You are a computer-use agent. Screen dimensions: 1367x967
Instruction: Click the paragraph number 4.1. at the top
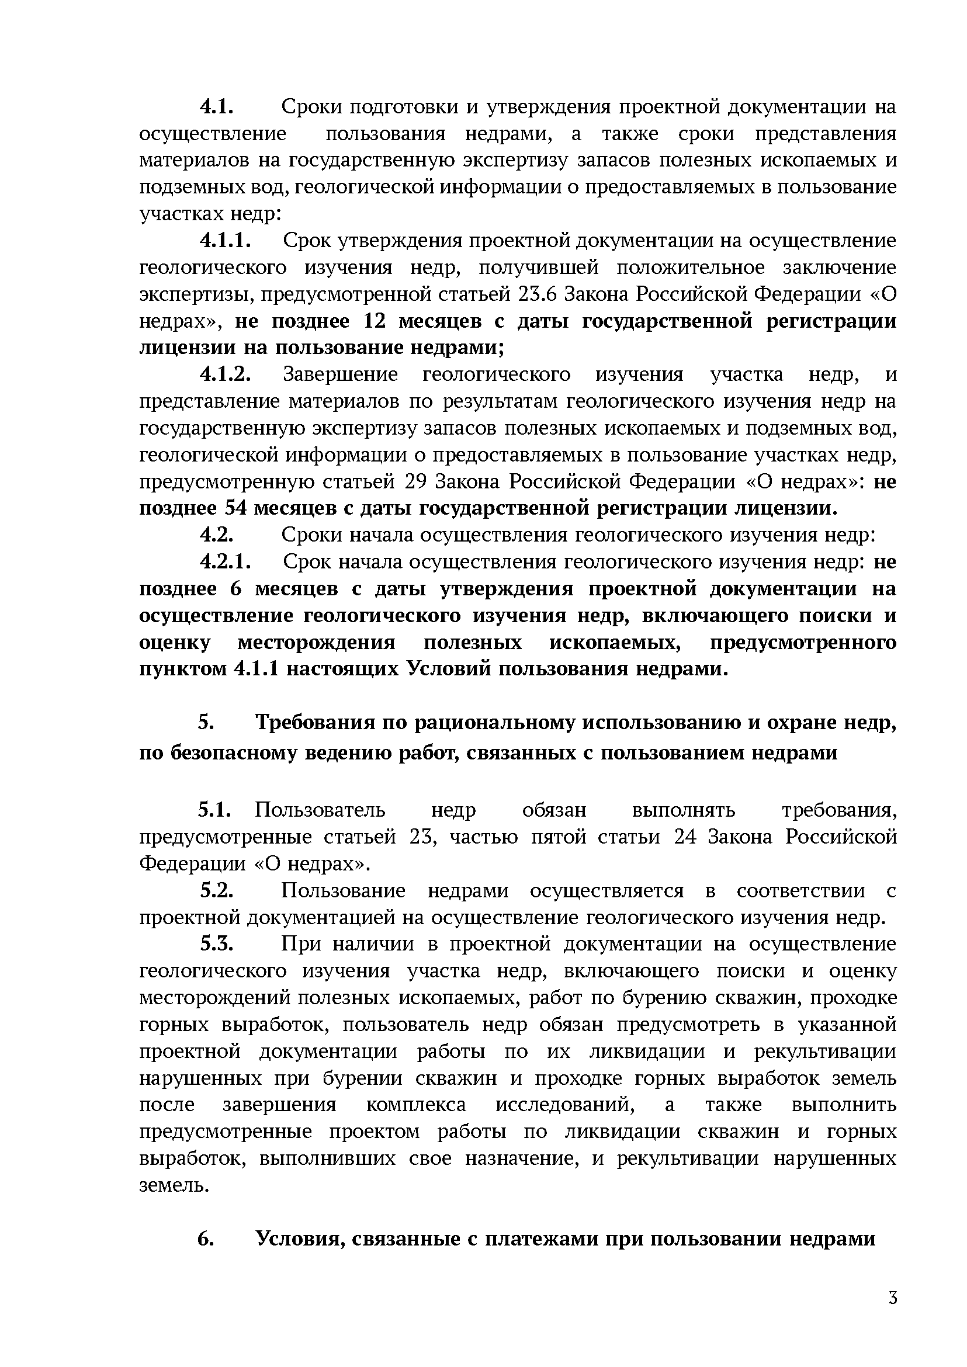(215, 107)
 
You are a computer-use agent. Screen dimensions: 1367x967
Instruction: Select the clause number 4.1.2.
(223, 374)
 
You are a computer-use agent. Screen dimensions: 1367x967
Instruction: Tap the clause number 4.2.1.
(223, 562)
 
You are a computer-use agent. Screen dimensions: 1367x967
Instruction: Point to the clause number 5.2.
(216, 891)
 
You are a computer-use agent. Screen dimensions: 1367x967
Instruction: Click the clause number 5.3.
(216, 944)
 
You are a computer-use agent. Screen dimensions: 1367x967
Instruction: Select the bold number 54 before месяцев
(236, 508)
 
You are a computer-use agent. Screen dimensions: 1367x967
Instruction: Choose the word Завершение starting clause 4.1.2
(340, 374)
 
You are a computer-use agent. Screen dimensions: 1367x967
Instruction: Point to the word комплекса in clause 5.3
(415, 1105)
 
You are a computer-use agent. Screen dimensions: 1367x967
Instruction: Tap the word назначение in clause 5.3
(521, 1158)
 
